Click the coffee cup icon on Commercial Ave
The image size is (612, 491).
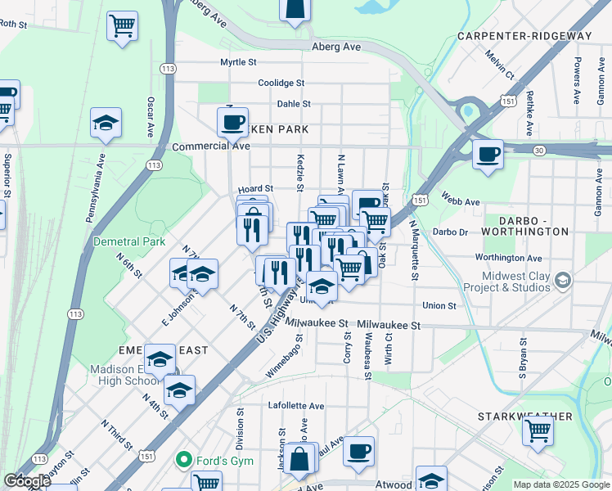pos(232,123)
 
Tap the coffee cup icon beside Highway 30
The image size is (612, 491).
pos(488,154)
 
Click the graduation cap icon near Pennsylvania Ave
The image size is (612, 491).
pos(106,124)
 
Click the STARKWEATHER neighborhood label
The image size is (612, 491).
pos(525,417)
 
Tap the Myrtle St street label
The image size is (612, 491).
pos(238,62)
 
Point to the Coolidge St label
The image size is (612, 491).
pos(281,83)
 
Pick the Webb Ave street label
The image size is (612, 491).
pos(460,200)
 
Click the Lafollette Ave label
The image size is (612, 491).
pos(296,405)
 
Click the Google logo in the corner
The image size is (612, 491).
pos(27,481)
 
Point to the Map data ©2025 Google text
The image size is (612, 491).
pos(561,484)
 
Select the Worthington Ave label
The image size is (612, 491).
pos(509,257)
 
